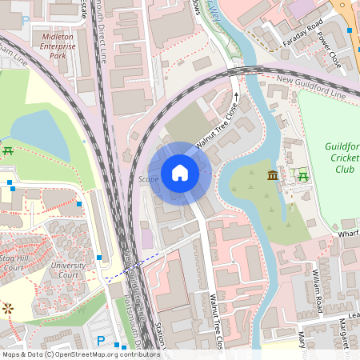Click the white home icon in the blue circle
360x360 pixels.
click(180, 172)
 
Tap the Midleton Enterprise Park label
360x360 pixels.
click(58, 46)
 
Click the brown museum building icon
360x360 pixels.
click(273, 175)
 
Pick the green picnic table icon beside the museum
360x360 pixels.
click(303, 175)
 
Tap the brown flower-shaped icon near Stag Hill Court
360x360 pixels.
click(8, 307)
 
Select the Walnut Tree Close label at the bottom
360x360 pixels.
click(214, 316)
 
